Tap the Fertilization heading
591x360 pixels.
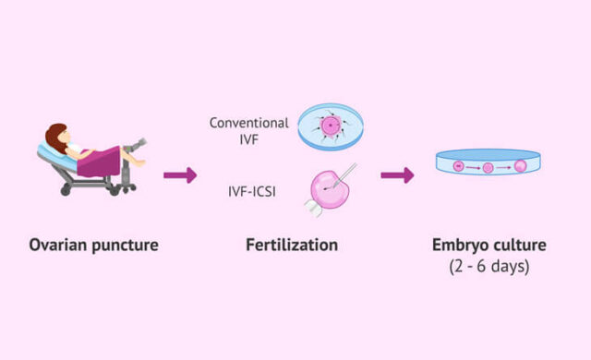click(292, 245)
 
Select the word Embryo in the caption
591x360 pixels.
click(463, 245)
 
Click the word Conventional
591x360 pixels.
click(248, 122)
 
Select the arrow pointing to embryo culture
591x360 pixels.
click(398, 174)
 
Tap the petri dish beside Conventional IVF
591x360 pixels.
click(330, 127)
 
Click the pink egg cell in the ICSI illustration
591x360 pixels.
click(328, 196)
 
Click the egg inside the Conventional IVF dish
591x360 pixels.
click(331, 126)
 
